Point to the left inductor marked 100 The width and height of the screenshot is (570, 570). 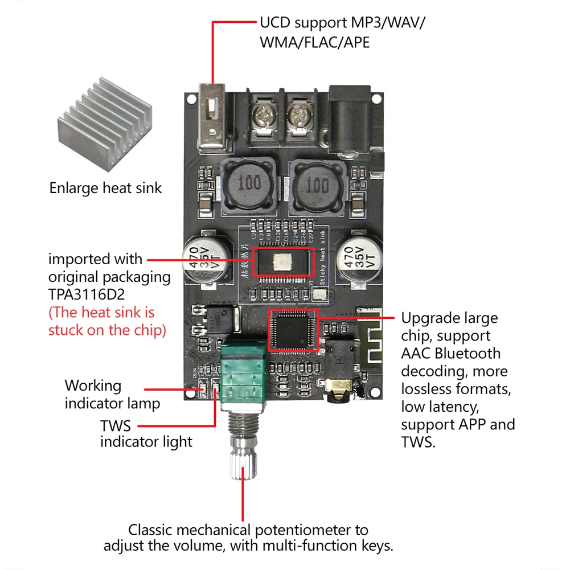click(249, 184)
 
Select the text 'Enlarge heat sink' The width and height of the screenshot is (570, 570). click(105, 188)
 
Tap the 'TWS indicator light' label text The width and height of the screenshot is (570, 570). click(146, 433)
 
